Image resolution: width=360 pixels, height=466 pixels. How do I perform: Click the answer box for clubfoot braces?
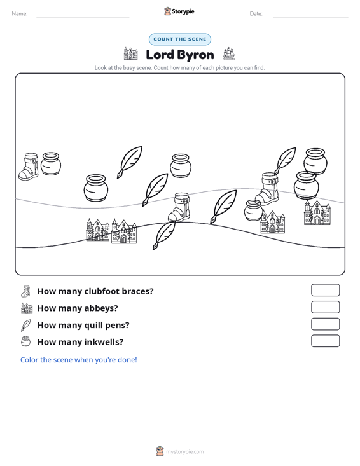(x=325, y=290)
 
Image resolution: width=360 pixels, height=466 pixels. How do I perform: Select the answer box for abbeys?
(x=325, y=307)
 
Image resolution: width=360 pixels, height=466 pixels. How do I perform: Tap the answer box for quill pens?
(x=325, y=324)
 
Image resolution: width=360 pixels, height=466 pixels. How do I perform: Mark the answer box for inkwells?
(x=325, y=341)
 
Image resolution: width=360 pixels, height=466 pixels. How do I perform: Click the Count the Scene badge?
(x=180, y=39)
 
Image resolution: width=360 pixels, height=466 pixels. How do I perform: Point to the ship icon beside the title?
(x=229, y=54)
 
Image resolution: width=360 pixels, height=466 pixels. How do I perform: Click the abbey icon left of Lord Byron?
(x=130, y=54)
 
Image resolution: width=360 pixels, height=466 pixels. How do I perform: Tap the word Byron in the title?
(x=197, y=55)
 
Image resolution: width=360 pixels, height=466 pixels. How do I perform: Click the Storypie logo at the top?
(x=179, y=11)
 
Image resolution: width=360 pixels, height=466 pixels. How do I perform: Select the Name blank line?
(x=83, y=17)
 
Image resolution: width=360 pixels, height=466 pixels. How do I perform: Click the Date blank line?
(x=310, y=17)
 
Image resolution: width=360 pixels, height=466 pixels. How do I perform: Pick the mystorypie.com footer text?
(x=184, y=452)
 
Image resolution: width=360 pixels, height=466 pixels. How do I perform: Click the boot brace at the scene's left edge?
(x=29, y=167)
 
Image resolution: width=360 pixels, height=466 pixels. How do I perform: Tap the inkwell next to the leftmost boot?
(x=51, y=164)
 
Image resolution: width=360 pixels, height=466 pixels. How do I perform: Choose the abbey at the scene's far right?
(x=317, y=212)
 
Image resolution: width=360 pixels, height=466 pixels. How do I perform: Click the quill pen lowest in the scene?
(x=164, y=235)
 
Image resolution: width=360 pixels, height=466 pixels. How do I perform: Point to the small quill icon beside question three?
(x=25, y=325)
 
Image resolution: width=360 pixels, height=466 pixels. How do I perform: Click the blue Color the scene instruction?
(x=78, y=360)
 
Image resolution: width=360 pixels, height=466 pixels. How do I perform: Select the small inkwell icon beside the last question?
(x=25, y=341)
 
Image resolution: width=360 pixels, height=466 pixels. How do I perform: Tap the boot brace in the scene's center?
(x=179, y=207)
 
